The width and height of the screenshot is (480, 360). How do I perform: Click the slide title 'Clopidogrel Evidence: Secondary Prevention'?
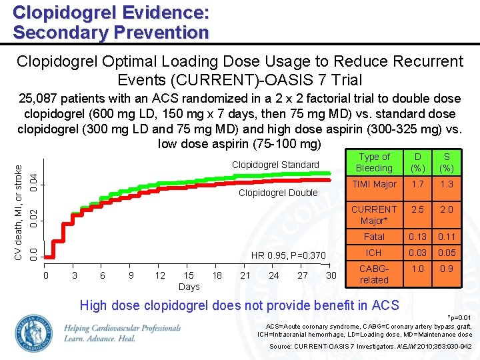coord(111,22)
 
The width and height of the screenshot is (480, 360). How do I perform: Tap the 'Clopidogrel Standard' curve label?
coord(275,165)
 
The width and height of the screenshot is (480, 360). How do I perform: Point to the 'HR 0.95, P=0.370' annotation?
coord(288,255)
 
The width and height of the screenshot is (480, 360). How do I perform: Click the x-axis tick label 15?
coord(189,275)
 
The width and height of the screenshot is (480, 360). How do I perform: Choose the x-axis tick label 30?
coord(331,275)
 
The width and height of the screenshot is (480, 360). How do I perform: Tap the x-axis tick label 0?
coord(45,275)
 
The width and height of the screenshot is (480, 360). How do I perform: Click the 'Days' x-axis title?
coord(189,287)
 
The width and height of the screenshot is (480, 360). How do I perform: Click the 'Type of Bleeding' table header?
coord(374,163)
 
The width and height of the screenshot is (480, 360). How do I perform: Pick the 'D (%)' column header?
coord(417,163)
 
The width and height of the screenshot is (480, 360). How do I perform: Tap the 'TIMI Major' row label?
coord(374,185)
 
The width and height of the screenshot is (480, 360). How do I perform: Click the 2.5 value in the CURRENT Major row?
coord(417,209)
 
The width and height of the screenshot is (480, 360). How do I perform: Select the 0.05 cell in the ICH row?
coord(447,253)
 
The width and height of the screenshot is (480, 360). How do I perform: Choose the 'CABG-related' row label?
coord(374,274)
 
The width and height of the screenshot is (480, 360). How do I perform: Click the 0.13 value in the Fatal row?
coord(417,236)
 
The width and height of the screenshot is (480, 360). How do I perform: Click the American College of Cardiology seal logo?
coord(33,332)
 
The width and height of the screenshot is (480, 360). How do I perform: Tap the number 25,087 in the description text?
coord(39,98)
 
